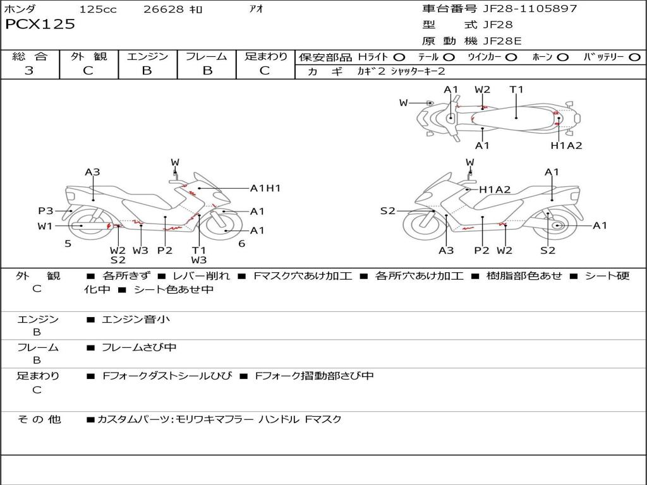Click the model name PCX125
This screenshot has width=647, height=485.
click(40, 25)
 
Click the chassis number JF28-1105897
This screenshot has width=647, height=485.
click(521, 9)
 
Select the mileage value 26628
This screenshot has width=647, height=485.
click(164, 9)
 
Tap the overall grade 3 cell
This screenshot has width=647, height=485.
click(29, 71)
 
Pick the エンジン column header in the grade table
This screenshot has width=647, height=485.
click(147, 57)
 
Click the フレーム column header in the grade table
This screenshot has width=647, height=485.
click(206, 57)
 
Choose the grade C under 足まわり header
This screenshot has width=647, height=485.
click(265, 71)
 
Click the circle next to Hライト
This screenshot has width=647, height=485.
click(399, 57)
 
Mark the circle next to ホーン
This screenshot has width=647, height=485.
click(563, 57)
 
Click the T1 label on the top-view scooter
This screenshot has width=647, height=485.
click(517, 90)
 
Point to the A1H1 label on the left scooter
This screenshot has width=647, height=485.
click(265, 188)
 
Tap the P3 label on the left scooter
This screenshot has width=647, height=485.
click(45, 211)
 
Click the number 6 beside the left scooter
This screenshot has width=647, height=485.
click(241, 244)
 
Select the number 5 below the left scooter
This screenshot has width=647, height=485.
click(68, 244)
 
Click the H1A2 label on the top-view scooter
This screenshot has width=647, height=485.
click(566, 146)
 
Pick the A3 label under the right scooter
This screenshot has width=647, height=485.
click(446, 251)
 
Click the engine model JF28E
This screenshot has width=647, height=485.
click(502, 41)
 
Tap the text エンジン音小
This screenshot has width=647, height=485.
click(136, 320)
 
